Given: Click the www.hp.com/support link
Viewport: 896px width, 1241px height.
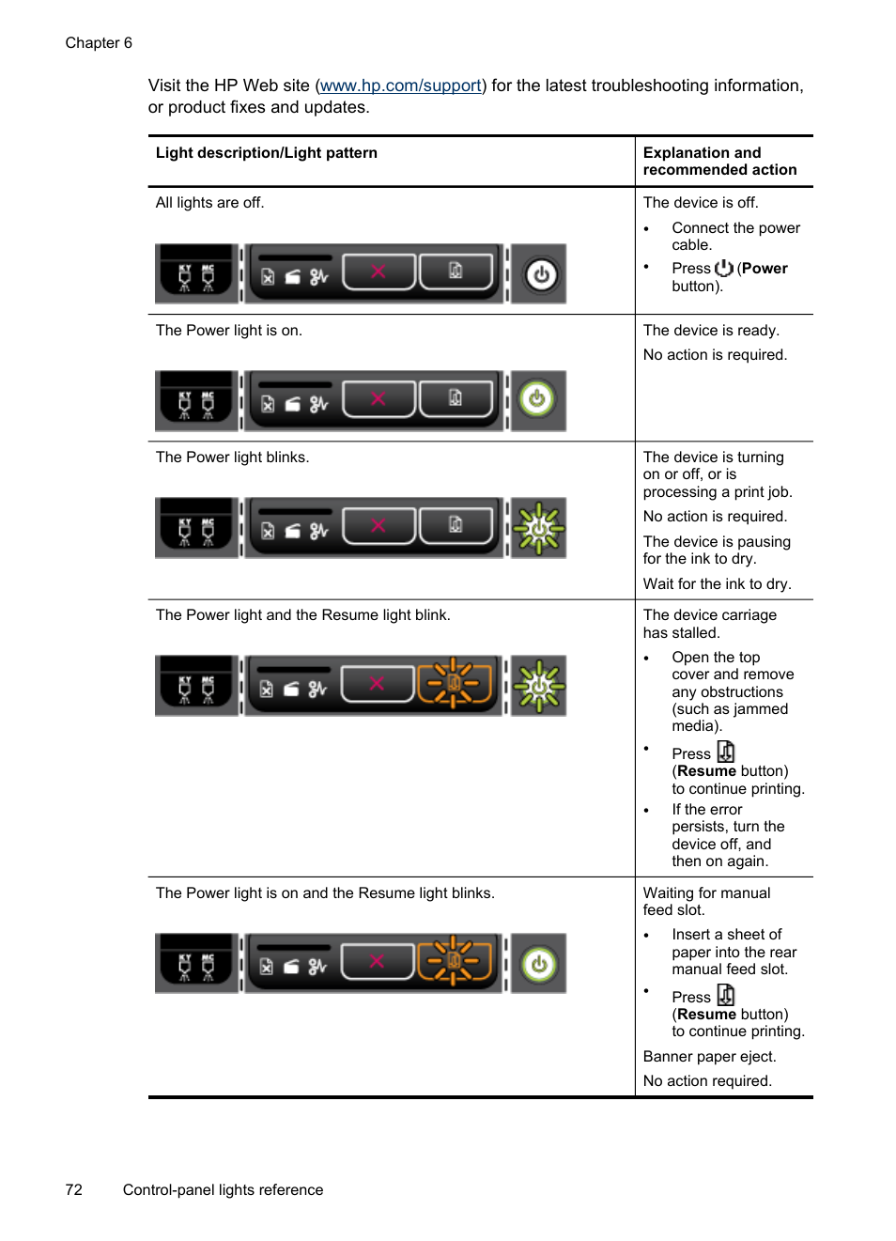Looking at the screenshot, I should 401,85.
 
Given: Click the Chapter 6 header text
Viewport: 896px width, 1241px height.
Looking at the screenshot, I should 99,43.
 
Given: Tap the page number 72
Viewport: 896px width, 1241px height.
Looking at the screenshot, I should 74,1189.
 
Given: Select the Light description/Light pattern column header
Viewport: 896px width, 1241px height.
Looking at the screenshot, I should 266,153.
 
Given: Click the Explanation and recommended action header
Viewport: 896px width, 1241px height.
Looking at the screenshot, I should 719,161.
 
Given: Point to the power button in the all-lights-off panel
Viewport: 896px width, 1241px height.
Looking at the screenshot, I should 540,274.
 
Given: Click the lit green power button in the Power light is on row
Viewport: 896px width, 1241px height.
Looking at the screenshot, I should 537,400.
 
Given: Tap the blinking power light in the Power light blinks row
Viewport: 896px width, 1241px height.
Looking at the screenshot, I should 538,529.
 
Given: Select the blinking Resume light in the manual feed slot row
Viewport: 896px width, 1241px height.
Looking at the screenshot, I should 455,961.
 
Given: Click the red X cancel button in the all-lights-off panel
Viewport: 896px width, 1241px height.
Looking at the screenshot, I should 378,272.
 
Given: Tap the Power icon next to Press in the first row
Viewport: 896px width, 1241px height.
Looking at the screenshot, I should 724,269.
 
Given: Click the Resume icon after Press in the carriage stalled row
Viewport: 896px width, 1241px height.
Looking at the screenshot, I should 726,752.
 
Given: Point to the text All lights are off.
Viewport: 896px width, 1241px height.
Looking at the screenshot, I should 209,203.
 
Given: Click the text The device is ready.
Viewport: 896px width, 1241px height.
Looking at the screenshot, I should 711,331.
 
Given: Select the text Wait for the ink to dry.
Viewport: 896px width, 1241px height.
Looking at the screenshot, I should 717,583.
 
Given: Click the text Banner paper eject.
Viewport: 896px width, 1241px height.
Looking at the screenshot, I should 709,1056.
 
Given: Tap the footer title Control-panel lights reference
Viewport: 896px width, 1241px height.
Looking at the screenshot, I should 223,1189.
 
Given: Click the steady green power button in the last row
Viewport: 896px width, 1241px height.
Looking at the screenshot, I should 539,964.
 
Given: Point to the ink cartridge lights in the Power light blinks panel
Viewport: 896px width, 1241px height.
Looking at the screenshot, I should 195,528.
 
